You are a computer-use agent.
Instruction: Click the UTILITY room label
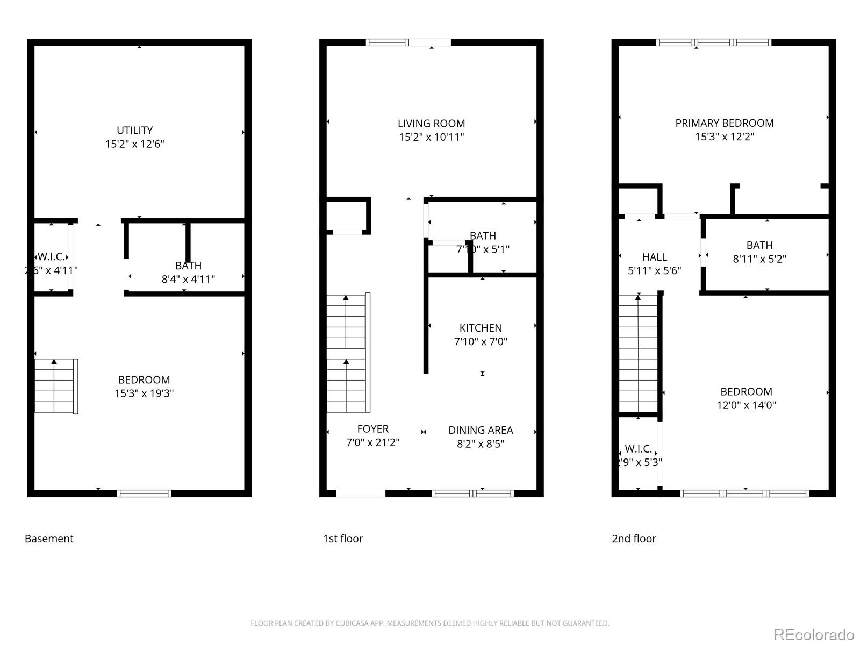[x=134, y=131]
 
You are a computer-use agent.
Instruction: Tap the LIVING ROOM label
[x=431, y=124]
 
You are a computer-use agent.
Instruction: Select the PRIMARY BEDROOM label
[x=724, y=123]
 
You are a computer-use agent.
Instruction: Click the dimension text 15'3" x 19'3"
[x=144, y=393]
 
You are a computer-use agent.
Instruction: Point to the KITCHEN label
[x=481, y=328]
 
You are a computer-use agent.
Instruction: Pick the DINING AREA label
[x=481, y=430]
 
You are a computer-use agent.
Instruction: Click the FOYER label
[x=372, y=429]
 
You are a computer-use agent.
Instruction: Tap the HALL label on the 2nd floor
[x=654, y=257]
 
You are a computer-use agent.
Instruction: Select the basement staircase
[x=54, y=386]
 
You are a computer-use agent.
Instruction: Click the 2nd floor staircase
[x=638, y=353]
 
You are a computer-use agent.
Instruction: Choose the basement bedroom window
[x=144, y=493]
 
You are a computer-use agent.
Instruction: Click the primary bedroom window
[x=714, y=42]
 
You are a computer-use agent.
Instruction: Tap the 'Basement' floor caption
[x=49, y=539]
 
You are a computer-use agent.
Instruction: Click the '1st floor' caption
[x=343, y=539]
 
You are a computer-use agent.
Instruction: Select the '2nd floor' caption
[x=634, y=539]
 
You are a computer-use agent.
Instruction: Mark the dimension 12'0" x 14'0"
[x=746, y=405]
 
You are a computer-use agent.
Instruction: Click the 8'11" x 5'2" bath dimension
[x=759, y=259]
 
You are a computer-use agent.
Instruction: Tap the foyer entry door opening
[x=361, y=493]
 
